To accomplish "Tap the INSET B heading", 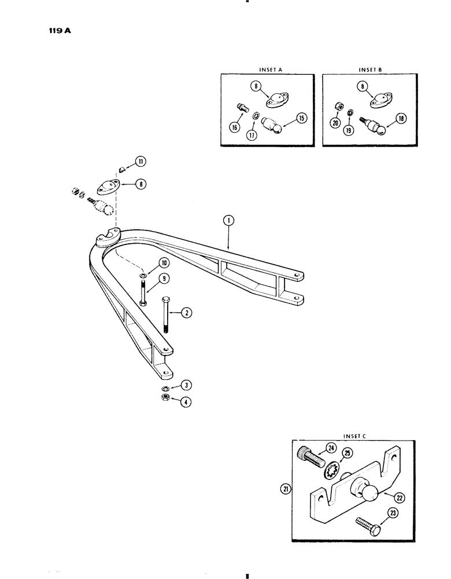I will [367, 69].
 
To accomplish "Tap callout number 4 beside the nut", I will [186, 400].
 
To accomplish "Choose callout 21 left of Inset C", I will [283, 490].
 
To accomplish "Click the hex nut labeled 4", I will [165, 398].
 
